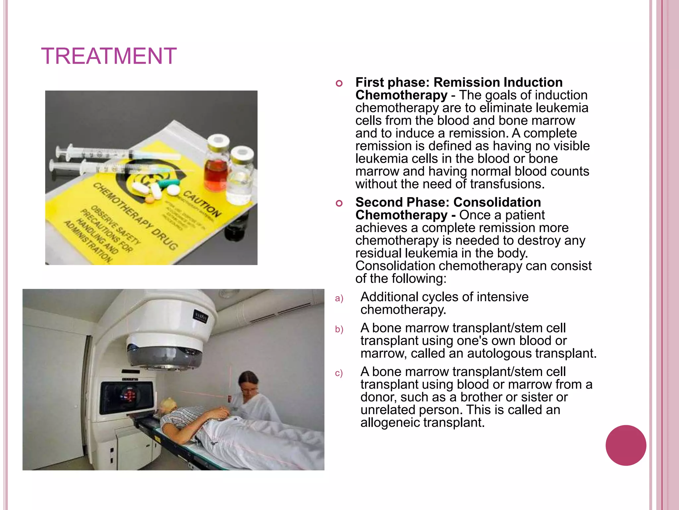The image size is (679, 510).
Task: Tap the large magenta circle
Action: tap(626, 445)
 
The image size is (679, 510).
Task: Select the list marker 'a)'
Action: tap(339, 298)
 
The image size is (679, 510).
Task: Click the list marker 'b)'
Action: tap(339, 329)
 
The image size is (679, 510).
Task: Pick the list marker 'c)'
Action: tap(339, 373)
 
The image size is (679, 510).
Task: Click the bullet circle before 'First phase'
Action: tap(339, 83)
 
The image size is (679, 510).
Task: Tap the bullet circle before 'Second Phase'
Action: tap(339, 203)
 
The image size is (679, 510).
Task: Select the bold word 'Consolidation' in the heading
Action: tap(497, 202)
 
